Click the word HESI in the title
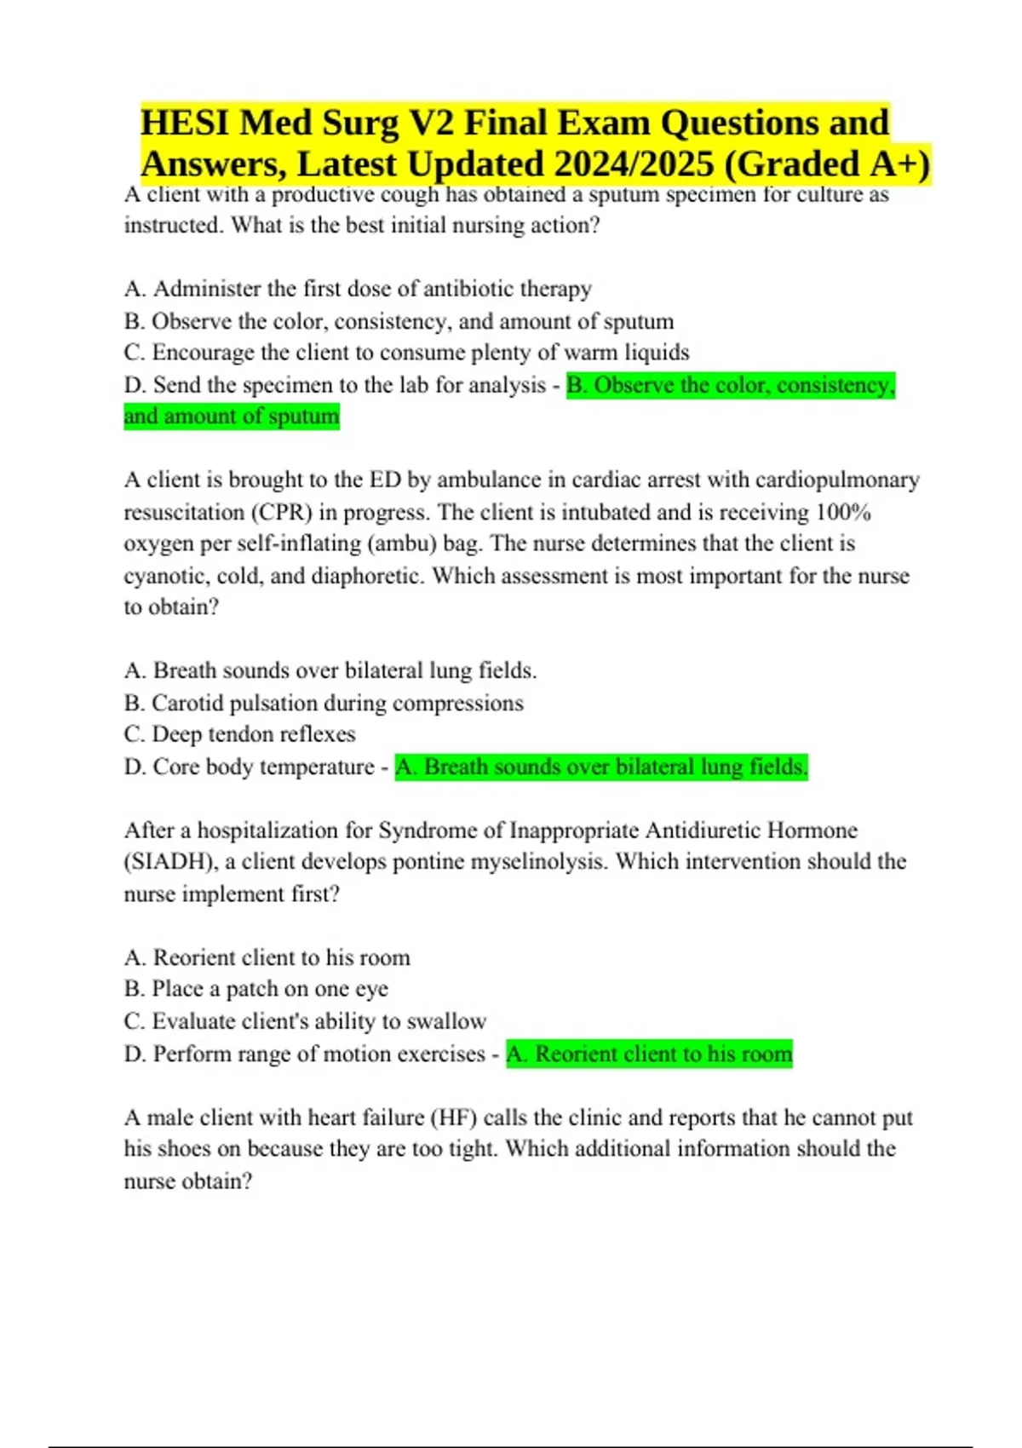(x=183, y=123)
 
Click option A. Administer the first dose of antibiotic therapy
(x=358, y=289)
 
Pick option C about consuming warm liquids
(x=406, y=353)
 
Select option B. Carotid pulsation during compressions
(x=324, y=703)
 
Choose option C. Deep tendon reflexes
(x=239, y=734)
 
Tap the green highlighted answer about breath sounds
(x=600, y=767)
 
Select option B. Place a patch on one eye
(x=255, y=989)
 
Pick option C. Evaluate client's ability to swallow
(x=305, y=1021)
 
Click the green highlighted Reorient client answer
(x=649, y=1054)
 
